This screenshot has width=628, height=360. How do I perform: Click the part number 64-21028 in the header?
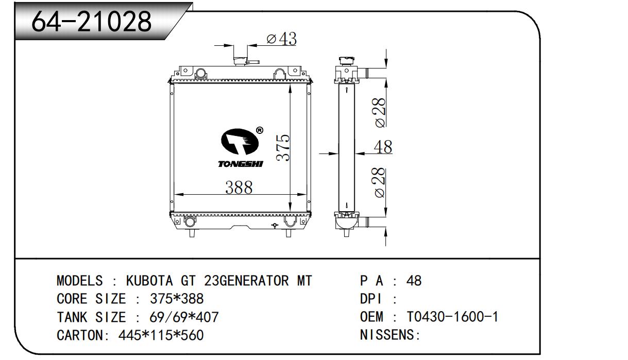pos(91,22)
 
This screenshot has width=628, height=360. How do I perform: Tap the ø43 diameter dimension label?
pos(281,39)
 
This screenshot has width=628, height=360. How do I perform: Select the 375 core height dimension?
pos(283,148)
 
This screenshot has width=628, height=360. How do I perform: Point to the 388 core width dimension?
pos(239,187)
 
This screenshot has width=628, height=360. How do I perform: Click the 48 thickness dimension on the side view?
pos(383,147)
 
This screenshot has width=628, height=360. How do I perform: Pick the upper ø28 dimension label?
pos(380,113)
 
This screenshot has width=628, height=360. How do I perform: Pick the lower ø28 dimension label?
pos(380,182)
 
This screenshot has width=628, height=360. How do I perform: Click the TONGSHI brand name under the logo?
pos(241,164)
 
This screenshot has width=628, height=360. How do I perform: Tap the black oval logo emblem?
pos(240,142)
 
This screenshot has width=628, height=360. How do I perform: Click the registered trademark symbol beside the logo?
pos(260,130)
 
